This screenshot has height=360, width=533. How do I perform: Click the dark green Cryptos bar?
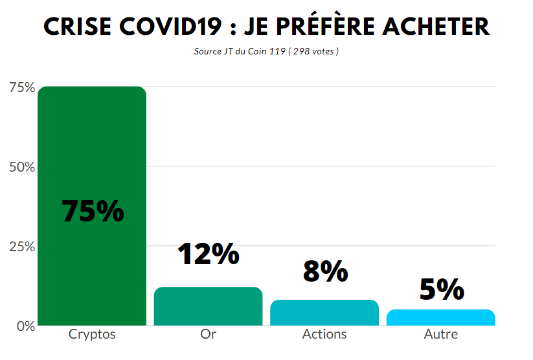click(91, 149)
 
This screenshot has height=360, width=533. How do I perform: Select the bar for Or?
click(208, 306)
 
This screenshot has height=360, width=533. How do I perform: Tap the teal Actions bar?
click(324, 313)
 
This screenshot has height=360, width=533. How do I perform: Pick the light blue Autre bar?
click(440, 317)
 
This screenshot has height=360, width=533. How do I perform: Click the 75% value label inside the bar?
click(93, 211)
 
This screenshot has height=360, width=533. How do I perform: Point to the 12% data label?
click(208, 254)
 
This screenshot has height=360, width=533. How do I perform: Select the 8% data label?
click(325, 271)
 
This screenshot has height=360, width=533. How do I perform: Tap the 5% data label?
click(442, 289)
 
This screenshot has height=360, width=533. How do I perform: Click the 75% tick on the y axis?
click(22, 87)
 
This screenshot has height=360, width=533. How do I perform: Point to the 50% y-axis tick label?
click(22, 167)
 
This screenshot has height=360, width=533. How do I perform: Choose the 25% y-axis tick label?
click(22, 247)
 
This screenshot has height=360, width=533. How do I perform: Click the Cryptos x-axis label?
click(92, 335)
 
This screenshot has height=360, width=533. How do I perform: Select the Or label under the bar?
click(208, 335)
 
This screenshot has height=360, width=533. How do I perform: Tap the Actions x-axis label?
click(324, 335)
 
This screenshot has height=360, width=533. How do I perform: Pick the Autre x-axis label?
click(440, 335)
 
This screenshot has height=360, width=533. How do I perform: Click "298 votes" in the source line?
click(313, 51)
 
